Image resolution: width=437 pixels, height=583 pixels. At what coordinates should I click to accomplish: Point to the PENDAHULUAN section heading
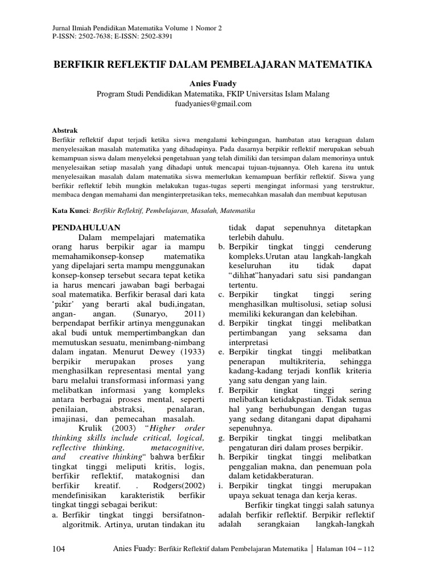[86, 228]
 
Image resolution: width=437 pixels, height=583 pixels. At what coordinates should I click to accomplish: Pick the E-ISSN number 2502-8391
[154, 36]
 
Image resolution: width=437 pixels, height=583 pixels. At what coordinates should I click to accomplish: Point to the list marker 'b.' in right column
[222, 247]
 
